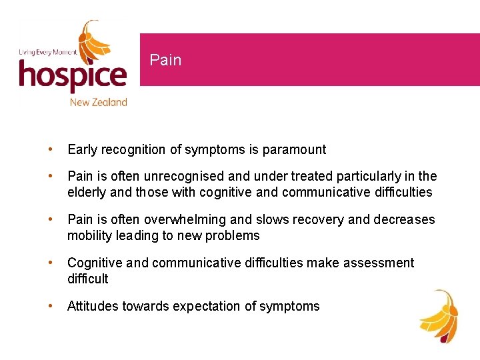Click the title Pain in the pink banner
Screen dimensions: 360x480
click(165, 60)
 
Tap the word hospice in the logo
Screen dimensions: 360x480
click(72, 75)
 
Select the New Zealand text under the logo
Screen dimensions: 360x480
click(98, 102)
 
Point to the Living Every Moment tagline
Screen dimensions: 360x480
click(47, 51)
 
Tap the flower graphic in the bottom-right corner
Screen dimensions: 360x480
click(438, 317)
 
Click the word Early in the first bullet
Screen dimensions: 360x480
click(82, 149)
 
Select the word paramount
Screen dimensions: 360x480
click(297, 149)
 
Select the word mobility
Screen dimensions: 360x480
click(89, 236)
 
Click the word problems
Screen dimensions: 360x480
click(233, 236)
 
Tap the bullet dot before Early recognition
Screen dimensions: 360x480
click(50, 149)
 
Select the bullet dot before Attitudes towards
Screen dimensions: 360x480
click(50, 306)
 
